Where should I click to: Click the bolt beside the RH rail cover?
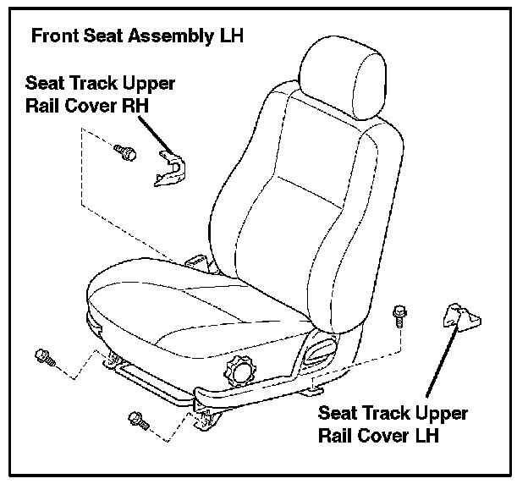point(124,153)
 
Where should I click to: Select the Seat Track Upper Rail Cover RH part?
point(170,168)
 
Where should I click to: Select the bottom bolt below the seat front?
point(136,417)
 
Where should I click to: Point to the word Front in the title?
point(50,37)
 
